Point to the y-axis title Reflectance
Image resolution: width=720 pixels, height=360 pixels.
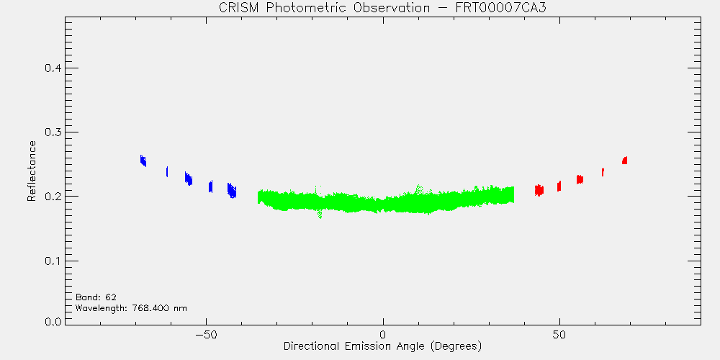click(31, 171)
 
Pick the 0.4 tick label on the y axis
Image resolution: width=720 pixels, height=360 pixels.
click(53, 68)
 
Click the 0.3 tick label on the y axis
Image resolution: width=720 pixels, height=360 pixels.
click(53, 132)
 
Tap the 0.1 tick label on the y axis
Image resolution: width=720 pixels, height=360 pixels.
click(53, 261)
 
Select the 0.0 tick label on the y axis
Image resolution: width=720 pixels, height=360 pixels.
click(53, 321)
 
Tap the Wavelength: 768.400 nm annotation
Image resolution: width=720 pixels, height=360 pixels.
click(131, 308)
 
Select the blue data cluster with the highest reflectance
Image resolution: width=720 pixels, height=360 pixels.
click(143, 161)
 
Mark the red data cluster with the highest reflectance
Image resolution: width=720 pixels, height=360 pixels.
click(624, 161)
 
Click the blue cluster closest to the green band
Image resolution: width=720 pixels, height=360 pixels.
click(232, 190)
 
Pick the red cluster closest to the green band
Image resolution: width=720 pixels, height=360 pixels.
click(539, 190)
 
